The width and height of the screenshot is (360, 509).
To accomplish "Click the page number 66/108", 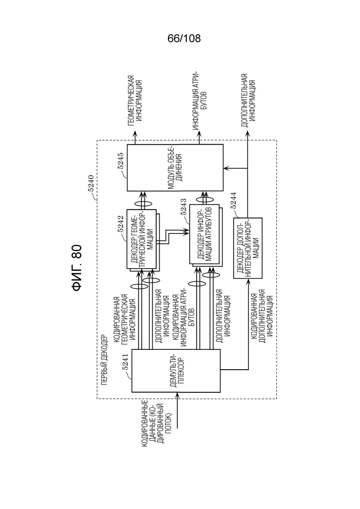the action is pyautogui.click(x=184, y=39).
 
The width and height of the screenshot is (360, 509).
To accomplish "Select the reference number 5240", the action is pyautogui.click(x=91, y=184).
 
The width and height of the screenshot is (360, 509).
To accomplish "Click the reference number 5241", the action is pyautogui.click(x=125, y=362).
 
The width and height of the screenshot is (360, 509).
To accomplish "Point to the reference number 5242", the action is pyautogui.click(x=121, y=224).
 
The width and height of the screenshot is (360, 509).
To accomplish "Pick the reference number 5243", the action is pyautogui.click(x=183, y=208).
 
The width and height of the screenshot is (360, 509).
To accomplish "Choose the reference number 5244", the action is pyautogui.click(x=233, y=201).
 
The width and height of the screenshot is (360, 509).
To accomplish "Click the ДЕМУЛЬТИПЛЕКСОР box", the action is pyautogui.click(x=176, y=371).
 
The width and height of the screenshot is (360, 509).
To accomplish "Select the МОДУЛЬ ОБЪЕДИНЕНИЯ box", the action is pyautogui.click(x=175, y=168).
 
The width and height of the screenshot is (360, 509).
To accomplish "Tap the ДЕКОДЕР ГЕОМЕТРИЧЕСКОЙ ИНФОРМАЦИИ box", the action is pyautogui.click(x=142, y=239).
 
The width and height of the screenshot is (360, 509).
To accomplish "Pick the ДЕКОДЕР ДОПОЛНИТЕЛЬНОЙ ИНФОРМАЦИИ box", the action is pyautogui.click(x=248, y=248).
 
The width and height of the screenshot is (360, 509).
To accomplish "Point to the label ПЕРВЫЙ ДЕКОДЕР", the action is pyautogui.click(x=104, y=360).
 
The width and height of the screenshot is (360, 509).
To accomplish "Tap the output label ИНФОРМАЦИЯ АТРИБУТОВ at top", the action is pyautogui.click(x=200, y=101).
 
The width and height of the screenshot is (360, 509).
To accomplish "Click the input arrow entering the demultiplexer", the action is pyautogui.click(x=177, y=410).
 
